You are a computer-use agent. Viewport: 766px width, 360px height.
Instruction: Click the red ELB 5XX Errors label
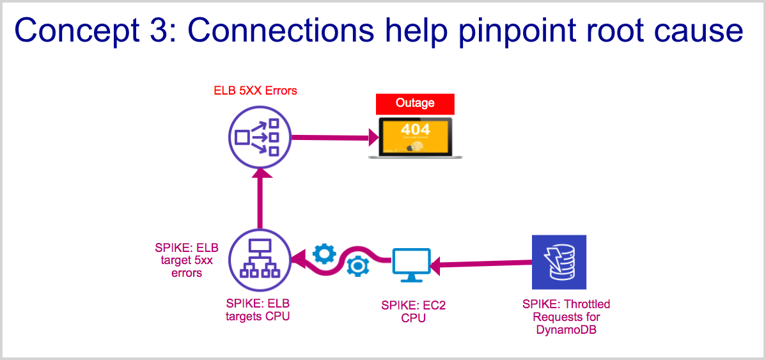coord(255,90)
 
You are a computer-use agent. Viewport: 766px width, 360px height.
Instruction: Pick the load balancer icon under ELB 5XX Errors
coord(259,137)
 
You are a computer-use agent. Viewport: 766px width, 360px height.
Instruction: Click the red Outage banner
coord(415,103)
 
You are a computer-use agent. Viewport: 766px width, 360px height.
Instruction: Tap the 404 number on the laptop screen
coord(416,129)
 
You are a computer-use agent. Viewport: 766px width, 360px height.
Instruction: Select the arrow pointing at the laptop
coord(332,137)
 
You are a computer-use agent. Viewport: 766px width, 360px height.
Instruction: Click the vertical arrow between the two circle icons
coord(260,198)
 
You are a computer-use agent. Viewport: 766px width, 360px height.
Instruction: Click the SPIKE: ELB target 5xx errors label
coord(187,260)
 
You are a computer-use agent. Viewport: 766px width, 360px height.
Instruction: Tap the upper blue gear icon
coord(324,254)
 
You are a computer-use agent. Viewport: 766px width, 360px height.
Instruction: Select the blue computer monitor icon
coord(411,264)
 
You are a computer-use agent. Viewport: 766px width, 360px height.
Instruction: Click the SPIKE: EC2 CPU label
coord(414,311)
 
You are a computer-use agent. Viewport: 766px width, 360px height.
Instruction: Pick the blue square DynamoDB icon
coord(559,262)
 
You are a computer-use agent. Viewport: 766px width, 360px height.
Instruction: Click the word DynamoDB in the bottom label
coord(565,330)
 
